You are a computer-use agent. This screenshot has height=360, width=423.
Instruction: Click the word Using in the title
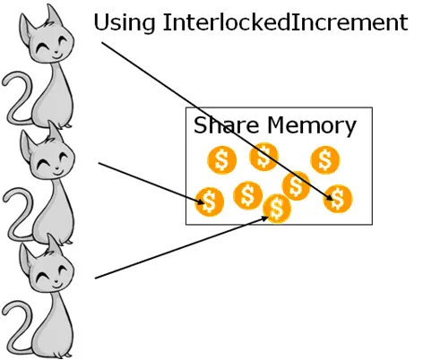tap(125, 22)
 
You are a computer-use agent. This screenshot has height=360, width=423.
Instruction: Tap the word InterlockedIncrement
tap(285, 21)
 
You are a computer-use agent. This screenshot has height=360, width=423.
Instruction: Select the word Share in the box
tap(226, 124)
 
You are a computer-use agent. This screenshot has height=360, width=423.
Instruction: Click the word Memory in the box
tap(312, 126)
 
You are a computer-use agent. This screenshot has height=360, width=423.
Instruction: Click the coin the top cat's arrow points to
tap(338, 199)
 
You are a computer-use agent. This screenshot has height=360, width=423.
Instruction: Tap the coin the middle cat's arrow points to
tap(209, 201)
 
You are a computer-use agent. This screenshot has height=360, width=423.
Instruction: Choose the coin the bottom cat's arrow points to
tap(277, 208)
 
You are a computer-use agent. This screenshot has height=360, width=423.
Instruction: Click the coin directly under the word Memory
tap(325, 159)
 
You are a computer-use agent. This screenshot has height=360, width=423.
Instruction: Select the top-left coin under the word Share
tap(221, 159)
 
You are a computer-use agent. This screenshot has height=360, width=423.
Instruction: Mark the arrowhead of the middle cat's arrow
tap(201, 201)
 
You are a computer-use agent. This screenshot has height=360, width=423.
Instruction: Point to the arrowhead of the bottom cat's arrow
tap(264, 219)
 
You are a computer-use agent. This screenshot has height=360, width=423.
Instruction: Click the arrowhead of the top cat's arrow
tap(328, 197)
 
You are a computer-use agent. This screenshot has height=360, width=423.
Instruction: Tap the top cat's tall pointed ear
tap(53, 16)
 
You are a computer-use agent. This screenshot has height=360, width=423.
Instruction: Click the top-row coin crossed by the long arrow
tap(264, 157)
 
